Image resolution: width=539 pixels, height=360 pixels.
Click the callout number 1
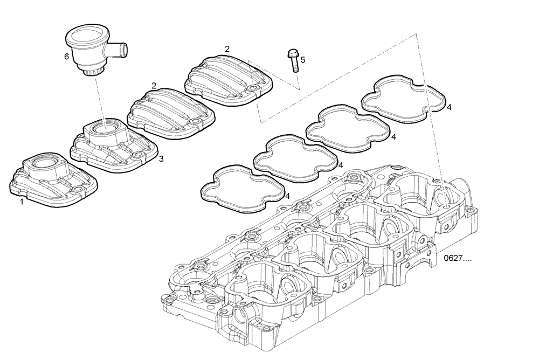[x=22, y=202]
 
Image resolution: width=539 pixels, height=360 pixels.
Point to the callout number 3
[x=161, y=159]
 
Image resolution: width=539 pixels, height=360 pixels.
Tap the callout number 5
[x=302, y=60]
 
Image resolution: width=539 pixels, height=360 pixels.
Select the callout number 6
[x=66, y=56]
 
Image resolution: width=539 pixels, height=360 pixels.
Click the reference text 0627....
[x=457, y=258]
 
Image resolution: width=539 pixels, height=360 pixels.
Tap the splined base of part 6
[x=94, y=71]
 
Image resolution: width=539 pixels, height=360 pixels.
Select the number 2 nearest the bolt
[x=227, y=49]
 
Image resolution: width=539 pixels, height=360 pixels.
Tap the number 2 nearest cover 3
[x=154, y=86]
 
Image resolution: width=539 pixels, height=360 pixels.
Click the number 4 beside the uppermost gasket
[x=449, y=107]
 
